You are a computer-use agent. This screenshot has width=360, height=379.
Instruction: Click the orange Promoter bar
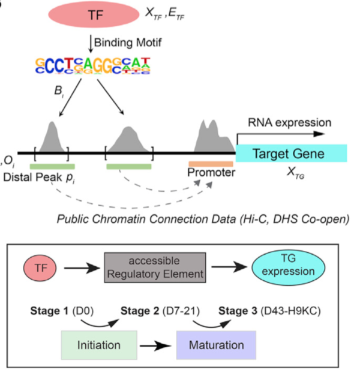pos(211,164)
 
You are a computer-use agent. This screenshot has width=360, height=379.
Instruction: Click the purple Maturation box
pos(216,345)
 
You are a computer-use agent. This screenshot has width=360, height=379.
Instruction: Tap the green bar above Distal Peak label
pos(52,166)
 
